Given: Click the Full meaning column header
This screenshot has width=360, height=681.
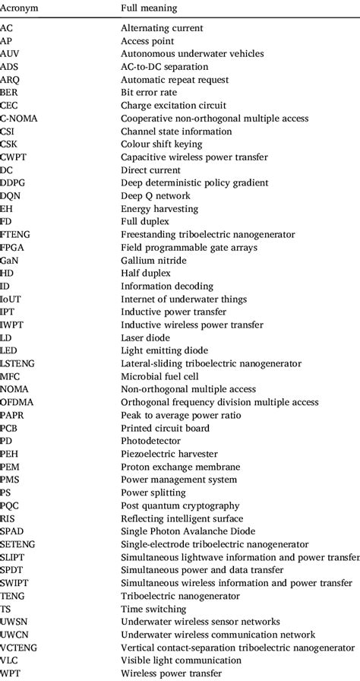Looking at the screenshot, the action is coord(149,8).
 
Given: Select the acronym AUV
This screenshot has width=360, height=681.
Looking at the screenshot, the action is coord(10,53).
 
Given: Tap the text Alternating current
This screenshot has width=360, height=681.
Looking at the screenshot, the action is coord(162,27).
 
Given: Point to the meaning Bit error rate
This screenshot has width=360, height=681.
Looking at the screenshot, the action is coord(149,92).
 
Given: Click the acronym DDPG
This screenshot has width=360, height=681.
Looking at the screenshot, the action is coord(13,182).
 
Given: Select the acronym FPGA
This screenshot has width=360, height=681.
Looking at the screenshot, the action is coord(13,247).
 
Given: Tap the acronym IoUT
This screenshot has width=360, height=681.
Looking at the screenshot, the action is coord(11,299).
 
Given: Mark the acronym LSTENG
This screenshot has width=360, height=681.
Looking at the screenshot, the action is coord(17,363).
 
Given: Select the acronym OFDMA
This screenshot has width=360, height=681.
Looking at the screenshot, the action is coord(17,402).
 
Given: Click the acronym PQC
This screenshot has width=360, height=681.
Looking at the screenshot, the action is coord(10,505).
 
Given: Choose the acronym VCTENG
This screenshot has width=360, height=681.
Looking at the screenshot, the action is coord(19,648).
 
